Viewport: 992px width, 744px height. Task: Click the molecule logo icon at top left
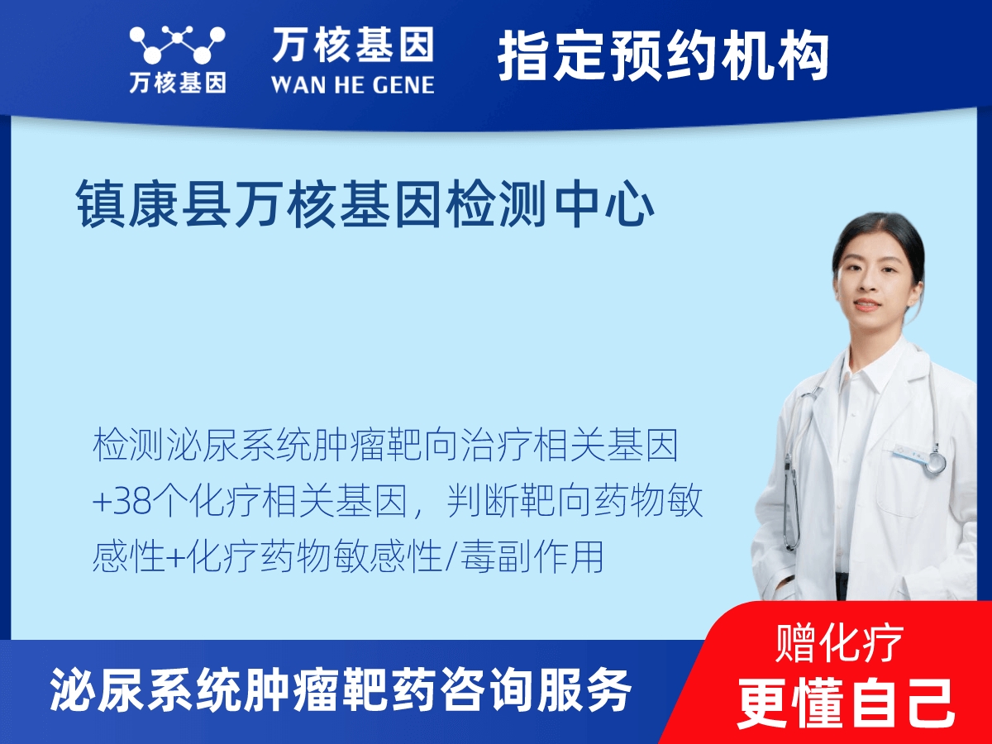click(177, 45)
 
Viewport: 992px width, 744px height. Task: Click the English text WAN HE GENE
click(352, 85)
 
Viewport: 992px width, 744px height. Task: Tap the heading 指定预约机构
click(663, 55)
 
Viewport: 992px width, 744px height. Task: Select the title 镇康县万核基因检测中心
click(365, 203)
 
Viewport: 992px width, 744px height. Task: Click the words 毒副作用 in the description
click(532, 556)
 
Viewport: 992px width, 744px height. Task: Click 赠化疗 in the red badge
click(839, 642)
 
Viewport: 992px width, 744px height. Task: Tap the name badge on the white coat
click(909, 454)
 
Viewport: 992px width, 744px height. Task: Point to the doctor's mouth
click(865, 305)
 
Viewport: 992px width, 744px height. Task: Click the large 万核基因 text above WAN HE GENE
click(353, 44)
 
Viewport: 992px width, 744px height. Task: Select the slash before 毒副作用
click(451, 557)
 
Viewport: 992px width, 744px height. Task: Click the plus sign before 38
click(102, 503)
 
